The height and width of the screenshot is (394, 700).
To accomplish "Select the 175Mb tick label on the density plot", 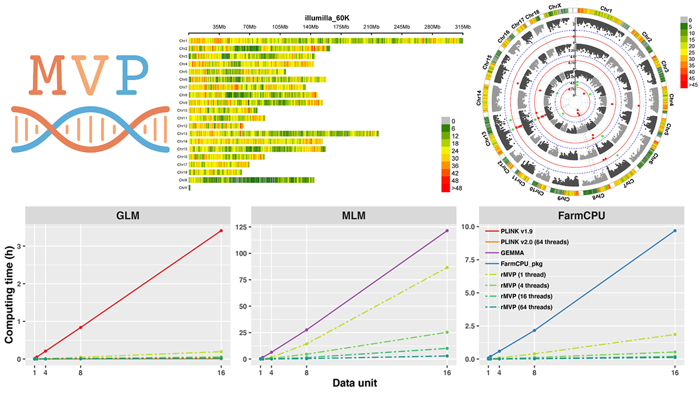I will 342,27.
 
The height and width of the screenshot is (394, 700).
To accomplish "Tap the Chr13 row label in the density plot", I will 183,133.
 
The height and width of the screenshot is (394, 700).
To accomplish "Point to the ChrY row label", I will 183,188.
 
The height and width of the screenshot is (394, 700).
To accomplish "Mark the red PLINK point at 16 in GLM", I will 221,231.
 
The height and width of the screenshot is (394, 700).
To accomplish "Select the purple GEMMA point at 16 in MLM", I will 447,231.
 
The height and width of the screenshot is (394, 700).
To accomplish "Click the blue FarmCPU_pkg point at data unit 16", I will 675,231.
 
